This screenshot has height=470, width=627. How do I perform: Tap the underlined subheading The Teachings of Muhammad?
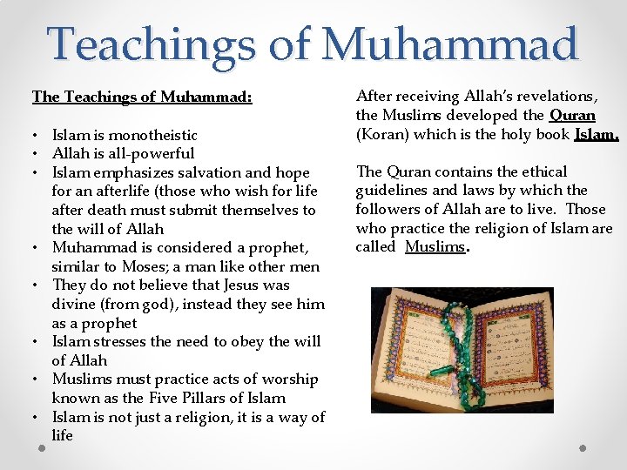tap(142, 97)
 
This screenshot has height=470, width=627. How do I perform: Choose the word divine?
tap(74, 304)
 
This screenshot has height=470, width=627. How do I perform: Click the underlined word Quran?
tap(572, 115)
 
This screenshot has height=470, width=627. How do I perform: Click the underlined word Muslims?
tap(435, 246)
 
